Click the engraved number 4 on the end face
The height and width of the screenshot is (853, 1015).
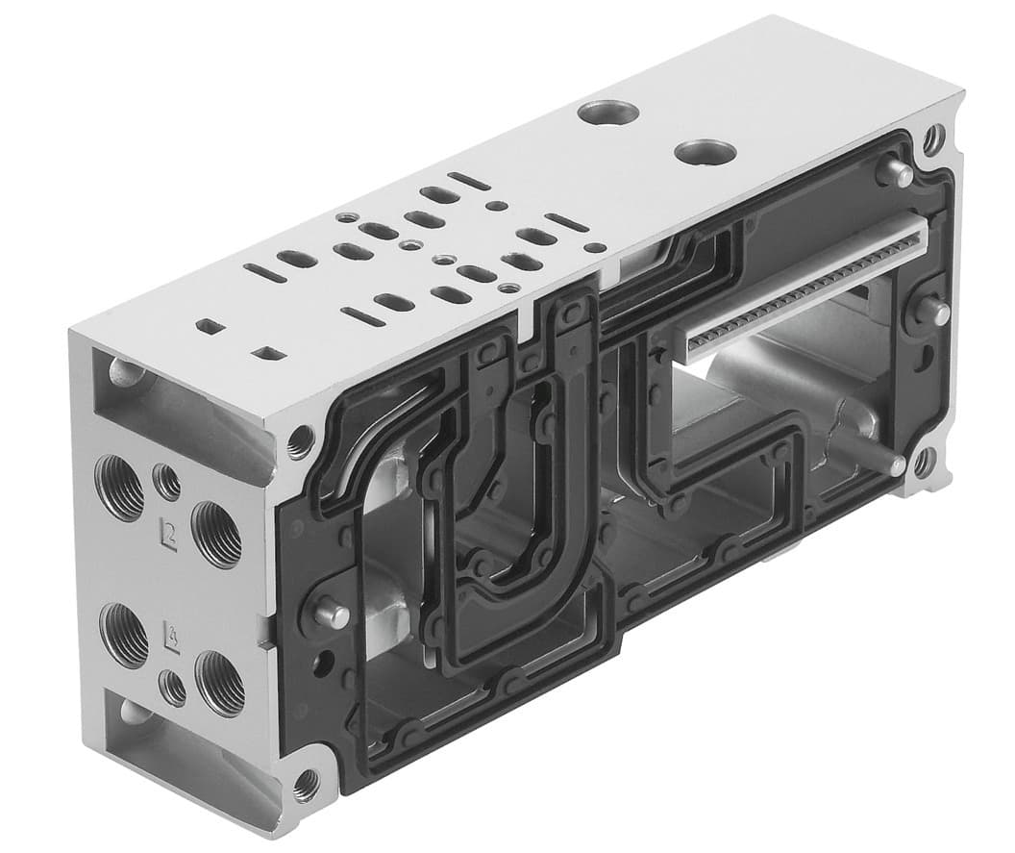tap(172, 636)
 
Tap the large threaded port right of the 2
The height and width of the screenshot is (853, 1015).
tap(216, 534)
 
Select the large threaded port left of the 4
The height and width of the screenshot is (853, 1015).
tap(124, 635)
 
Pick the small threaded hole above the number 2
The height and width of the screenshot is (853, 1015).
tap(167, 481)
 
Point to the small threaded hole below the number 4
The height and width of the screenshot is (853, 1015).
tap(174, 687)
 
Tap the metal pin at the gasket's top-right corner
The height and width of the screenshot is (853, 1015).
tap(896, 174)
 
